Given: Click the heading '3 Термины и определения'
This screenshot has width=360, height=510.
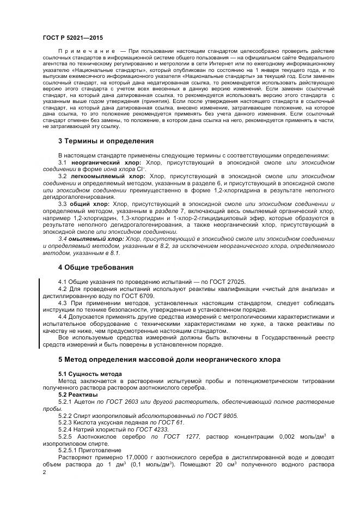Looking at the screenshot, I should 106,141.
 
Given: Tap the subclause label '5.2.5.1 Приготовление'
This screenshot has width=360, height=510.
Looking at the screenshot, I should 89,451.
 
